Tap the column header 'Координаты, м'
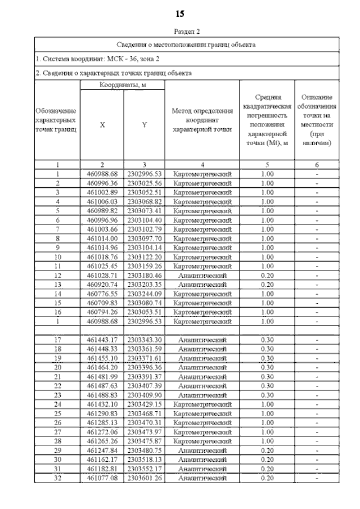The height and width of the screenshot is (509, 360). pyautogui.click(x=123, y=85)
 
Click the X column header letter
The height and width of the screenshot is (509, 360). pyautogui.click(x=102, y=125)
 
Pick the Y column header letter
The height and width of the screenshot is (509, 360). pyautogui.click(x=144, y=125)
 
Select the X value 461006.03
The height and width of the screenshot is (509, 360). pyautogui.click(x=102, y=201)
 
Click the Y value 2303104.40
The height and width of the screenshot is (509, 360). pyautogui.click(x=144, y=219)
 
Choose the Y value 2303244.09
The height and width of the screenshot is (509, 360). pyautogui.click(x=144, y=293)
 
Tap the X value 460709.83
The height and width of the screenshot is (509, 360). pyautogui.click(x=102, y=303)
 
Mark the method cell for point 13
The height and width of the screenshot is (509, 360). pyautogui.click(x=202, y=284)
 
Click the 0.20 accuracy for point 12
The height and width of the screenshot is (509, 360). pyautogui.click(x=268, y=275)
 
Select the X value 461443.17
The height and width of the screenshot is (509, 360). pyautogui.click(x=102, y=340)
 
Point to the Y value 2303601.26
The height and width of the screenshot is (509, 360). pyautogui.click(x=144, y=478)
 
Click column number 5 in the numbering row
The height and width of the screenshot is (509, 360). pyautogui.click(x=268, y=165)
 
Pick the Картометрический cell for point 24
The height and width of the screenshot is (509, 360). pyautogui.click(x=202, y=404)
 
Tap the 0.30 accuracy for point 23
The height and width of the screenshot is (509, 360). pyautogui.click(x=268, y=395)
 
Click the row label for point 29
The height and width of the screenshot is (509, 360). pyautogui.click(x=57, y=451)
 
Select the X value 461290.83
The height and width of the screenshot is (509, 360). pyautogui.click(x=102, y=413)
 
